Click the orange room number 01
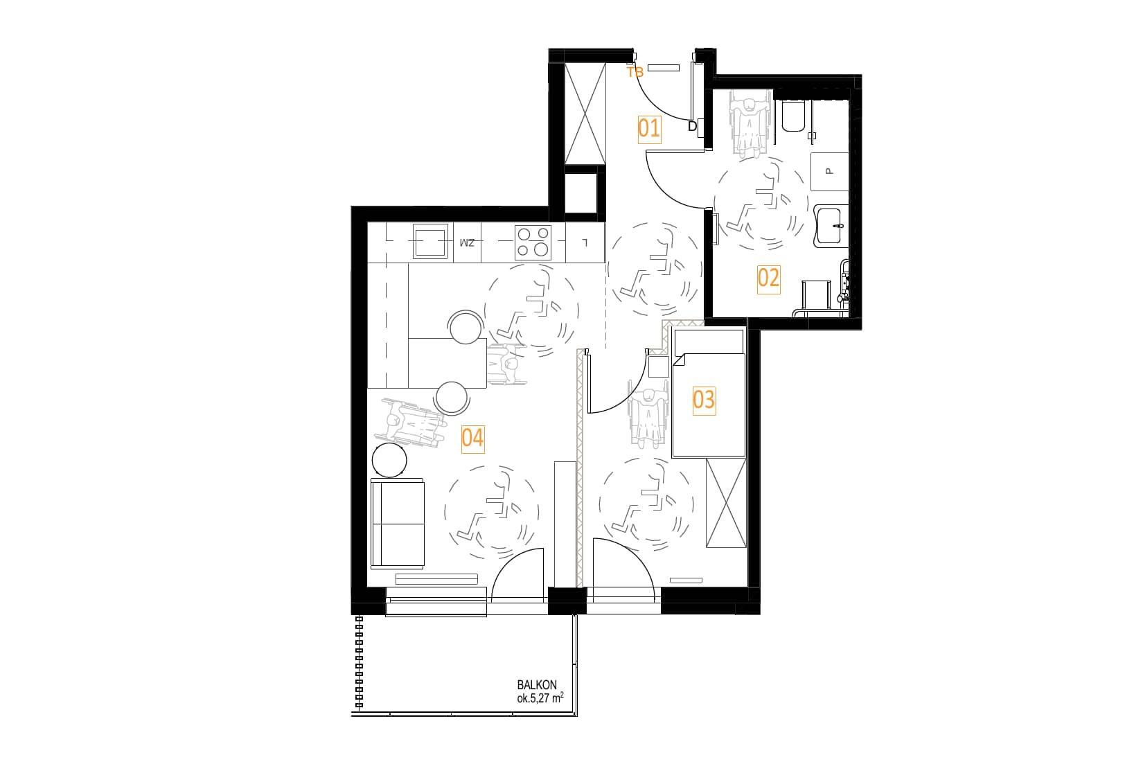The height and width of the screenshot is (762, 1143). click(x=649, y=129)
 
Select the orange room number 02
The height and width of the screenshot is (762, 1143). click(x=768, y=278)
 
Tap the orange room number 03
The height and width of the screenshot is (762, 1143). click(x=704, y=400)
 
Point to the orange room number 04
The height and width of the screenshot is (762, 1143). click(x=472, y=438)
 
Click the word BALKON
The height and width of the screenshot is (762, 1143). click(x=537, y=685)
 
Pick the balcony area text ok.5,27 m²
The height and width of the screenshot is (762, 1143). click(x=540, y=698)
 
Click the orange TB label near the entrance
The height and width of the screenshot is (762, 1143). click(x=635, y=73)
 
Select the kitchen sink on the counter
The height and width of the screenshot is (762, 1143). click(x=431, y=242)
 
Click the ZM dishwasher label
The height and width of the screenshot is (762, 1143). click(x=467, y=243)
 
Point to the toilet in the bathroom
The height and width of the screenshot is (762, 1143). click(x=792, y=116)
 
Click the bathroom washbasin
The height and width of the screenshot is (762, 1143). click(x=831, y=226)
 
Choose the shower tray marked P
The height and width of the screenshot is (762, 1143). click(x=829, y=172)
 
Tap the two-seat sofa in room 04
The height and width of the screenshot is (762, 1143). click(x=398, y=524)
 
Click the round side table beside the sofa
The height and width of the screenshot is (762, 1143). click(x=389, y=461)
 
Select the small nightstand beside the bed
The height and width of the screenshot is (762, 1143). click(x=658, y=366)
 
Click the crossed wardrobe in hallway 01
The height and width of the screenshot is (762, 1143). click(x=585, y=114)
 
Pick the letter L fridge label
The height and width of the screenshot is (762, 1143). click(x=586, y=243)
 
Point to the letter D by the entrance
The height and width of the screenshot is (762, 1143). click(x=693, y=126)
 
